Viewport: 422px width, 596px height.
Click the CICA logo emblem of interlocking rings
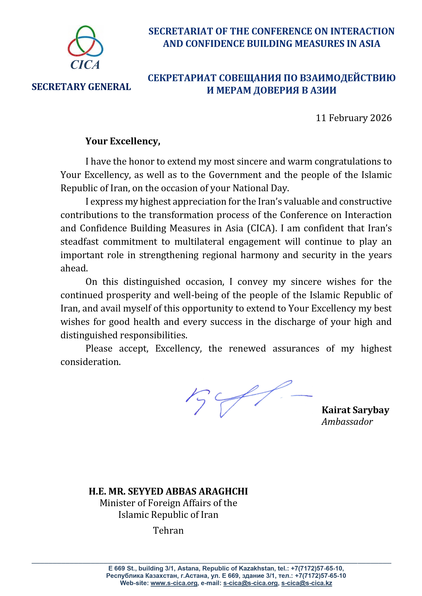[85, 42]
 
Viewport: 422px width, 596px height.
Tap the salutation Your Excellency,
[123, 141]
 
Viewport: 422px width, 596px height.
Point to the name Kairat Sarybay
[355, 410]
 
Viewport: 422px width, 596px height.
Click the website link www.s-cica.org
[174, 583]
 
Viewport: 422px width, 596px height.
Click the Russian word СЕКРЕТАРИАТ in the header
[182, 78]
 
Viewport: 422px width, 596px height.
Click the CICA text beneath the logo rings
[85, 65]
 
